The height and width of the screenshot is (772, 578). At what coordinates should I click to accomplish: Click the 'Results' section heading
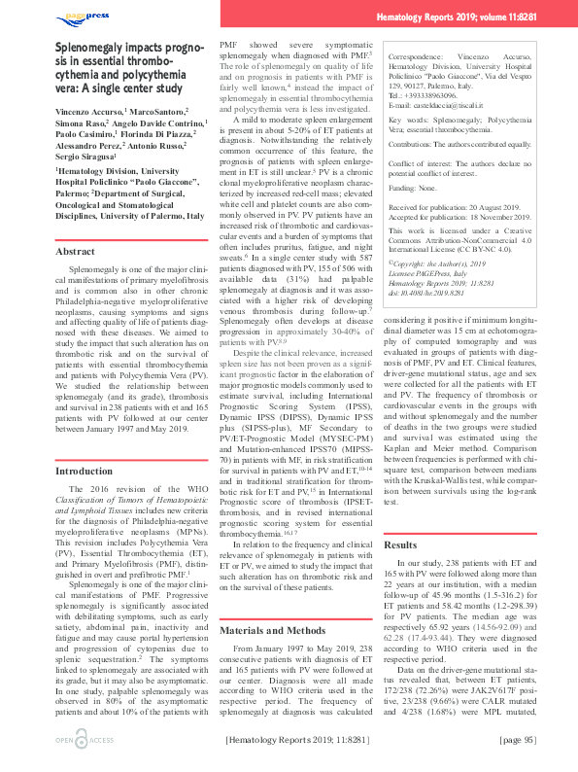tap(401, 545)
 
